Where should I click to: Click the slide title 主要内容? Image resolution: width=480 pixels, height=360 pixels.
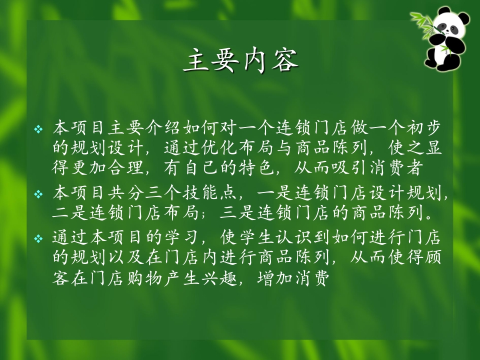click(x=241, y=60)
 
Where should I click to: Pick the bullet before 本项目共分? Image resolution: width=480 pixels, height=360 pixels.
click(x=38, y=194)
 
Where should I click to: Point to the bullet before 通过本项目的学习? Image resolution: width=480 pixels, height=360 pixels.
click(x=38, y=238)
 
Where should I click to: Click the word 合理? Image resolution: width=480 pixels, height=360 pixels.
click(x=126, y=167)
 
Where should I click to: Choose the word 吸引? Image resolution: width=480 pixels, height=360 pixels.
click(x=349, y=167)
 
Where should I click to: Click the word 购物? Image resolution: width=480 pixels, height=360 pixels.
click(x=145, y=278)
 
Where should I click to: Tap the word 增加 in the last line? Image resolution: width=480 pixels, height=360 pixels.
click(x=275, y=278)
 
